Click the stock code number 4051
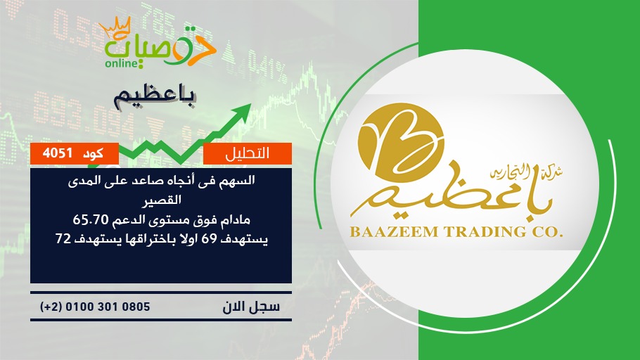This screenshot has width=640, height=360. pos(58,153)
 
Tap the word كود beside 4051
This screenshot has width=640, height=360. pos(93,154)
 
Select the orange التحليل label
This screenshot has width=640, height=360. pos(248,153)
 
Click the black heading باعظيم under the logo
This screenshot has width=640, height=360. pos(155,97)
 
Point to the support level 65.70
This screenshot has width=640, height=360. pos(91,220)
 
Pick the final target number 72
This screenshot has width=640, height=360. pos(63,239)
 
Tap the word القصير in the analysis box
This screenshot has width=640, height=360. pos(161,200)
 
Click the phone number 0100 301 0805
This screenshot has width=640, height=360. pos(108,307)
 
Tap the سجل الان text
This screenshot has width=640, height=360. pos(251,307)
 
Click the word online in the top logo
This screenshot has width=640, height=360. pos(120,63)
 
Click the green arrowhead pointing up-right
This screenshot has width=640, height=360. pos(242,111)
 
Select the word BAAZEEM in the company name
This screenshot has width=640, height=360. pos(394,232)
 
